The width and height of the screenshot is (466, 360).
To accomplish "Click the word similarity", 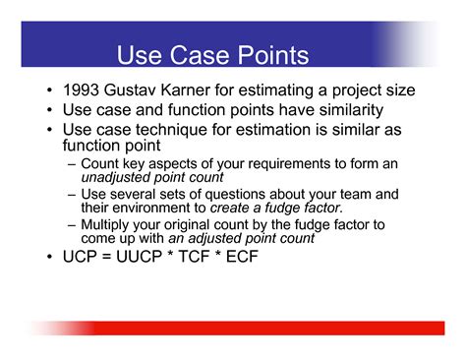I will [342, 110].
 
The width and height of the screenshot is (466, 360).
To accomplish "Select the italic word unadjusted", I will [115, 177].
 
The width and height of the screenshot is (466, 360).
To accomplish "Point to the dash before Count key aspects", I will [71, 163].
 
